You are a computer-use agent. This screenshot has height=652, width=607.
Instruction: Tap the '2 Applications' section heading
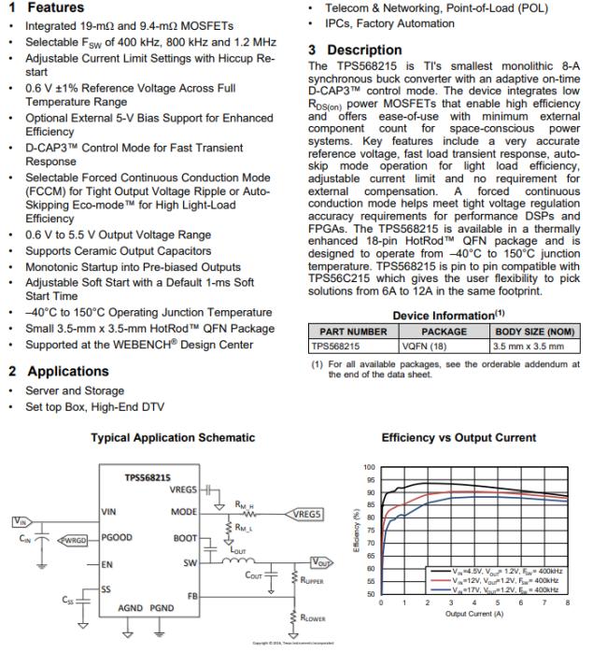coord(58,371)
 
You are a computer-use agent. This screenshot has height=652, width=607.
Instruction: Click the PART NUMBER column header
coord(353,332)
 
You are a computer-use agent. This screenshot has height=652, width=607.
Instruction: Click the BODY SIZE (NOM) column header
coord(534,332)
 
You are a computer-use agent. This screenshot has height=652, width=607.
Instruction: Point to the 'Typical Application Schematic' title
coord(173,437)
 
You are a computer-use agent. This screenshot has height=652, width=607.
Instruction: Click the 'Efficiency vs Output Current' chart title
coord(459,437)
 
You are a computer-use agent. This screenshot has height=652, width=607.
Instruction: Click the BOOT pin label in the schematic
coord(185,538)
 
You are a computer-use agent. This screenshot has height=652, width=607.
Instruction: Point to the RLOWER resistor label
coord(313,618)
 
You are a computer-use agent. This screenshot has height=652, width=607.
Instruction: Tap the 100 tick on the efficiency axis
coord(370,467)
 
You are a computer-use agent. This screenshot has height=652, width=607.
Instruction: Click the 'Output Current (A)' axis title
coord(473,613)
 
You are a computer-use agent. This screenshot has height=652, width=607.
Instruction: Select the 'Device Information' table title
coord(443,316)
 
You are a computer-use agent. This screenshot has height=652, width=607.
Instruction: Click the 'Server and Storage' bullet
coord(75,390)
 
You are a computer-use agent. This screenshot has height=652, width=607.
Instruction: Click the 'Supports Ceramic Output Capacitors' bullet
coord(118,251)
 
